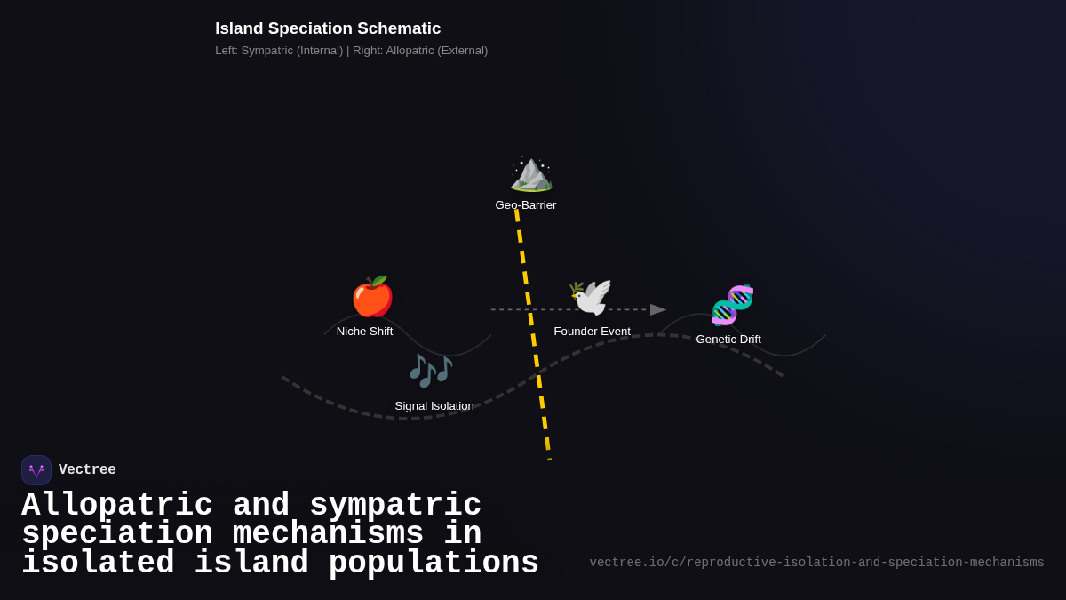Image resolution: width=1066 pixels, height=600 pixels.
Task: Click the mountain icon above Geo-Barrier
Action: (x=531, y=172)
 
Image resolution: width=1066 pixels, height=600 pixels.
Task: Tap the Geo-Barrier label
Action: (x=526, y=205)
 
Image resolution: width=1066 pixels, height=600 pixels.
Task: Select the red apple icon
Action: (x=372, y=297)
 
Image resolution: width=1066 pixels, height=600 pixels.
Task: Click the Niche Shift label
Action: (x=364, y=332)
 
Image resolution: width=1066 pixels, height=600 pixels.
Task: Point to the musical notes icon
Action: (x=431, y=370)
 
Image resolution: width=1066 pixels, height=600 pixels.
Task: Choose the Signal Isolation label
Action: (x=434, y=406)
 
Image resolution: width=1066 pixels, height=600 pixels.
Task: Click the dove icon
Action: (x=591, y=298)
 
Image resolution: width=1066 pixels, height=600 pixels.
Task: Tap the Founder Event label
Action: (x=592, y=332)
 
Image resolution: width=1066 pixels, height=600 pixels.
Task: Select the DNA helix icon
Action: (x=732, y=305)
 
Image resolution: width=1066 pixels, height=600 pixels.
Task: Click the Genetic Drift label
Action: (x=728, y=340)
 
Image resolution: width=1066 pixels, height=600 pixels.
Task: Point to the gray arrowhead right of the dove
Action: (x=657, y=309)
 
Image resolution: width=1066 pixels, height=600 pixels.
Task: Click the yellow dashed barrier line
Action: (x=534, y=338)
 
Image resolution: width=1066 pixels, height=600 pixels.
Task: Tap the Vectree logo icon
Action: (x=36, y=470)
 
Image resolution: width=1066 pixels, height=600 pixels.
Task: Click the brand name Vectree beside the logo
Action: (x=87, y=470)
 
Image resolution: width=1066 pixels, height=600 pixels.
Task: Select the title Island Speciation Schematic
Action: (x=328, y=28)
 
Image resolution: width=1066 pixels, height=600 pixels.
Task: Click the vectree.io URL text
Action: (x=816, y=563)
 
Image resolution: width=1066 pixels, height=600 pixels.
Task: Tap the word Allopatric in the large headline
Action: (x=117, y=506)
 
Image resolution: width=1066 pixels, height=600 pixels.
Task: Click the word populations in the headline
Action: (x=434, y=564)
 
